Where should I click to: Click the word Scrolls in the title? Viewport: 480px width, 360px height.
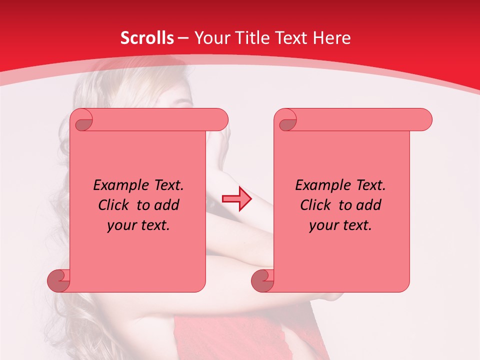coord(147,38)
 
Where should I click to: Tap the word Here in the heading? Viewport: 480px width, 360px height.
coord(332,38)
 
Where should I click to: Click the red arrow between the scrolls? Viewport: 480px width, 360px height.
coord(236,199)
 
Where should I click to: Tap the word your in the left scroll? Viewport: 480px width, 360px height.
coord(120,226)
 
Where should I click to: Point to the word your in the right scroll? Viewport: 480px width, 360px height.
coord(322,226)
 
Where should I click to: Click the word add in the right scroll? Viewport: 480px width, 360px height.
coord(369,205)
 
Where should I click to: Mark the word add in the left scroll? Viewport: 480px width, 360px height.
coord(167,205)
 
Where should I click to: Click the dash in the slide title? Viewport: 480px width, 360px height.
coord(183,38)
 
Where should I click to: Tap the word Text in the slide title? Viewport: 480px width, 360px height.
coord(293,38)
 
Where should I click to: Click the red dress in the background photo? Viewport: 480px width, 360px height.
coord(225,335)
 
